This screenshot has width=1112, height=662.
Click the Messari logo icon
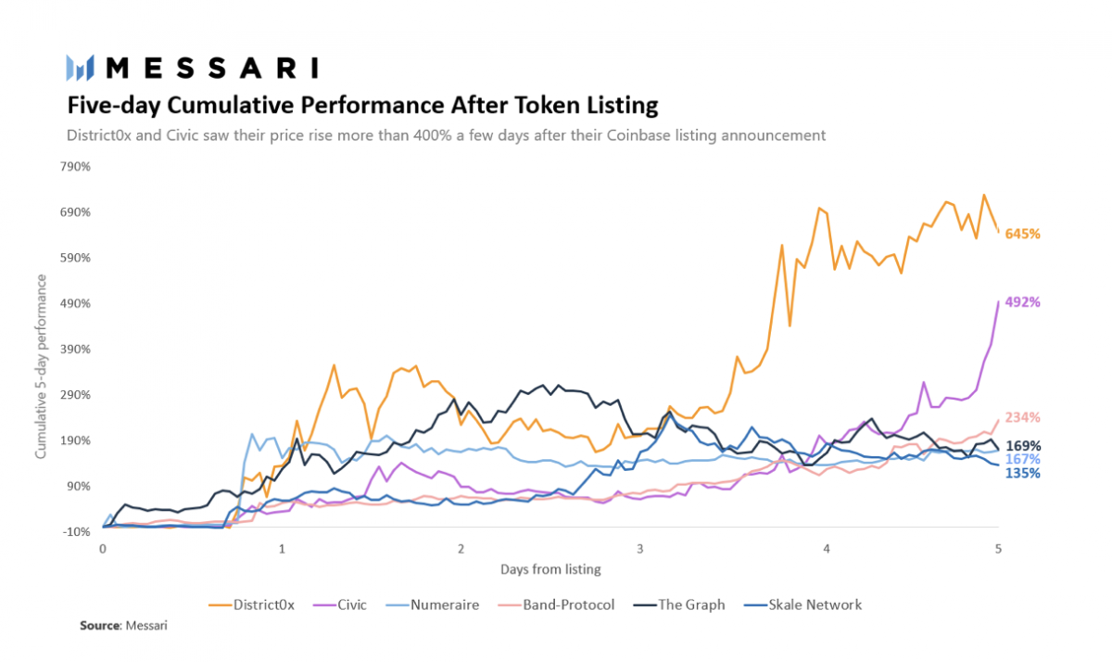click(81, 68)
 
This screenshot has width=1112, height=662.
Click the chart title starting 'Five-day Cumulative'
click(361, 103)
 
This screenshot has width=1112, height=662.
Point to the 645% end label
click(1022, 234)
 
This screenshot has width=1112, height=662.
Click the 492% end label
click(1022, 302)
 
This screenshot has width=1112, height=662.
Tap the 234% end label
click(1022, 417)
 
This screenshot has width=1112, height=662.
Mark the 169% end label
click(1022, 445)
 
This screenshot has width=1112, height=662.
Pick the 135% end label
click(1022, 473)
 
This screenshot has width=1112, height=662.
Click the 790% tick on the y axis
click(77, 167)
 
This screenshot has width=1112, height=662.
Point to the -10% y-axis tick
click(77, 531)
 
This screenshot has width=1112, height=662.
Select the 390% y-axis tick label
click(77, 350)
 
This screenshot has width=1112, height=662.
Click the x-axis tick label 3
click(639, 549)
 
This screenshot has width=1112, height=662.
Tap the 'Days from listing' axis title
click(550, 568)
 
